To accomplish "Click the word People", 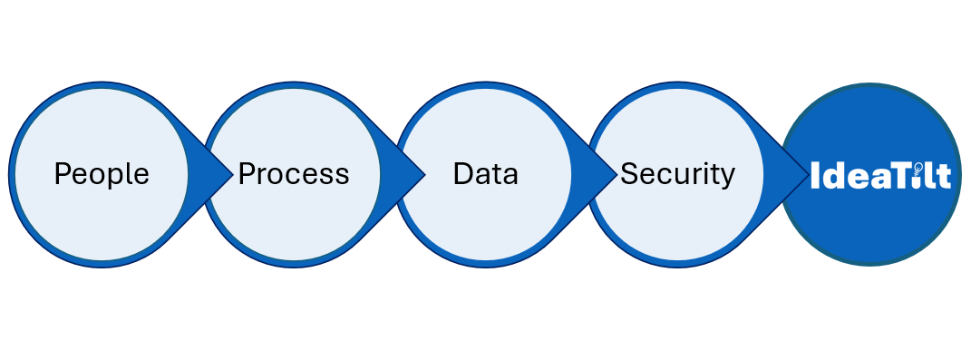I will (102, 173).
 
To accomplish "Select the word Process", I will (294, 173).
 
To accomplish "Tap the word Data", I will (486, 173).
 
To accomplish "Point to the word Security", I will (677, 173).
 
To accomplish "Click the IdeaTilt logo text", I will (879, 175).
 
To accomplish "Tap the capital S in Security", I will (628, 173).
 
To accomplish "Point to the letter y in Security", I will (727, 177).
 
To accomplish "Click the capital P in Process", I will (246, 173).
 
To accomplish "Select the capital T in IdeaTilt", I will (900, 175).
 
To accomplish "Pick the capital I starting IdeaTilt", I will (814, 175).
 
